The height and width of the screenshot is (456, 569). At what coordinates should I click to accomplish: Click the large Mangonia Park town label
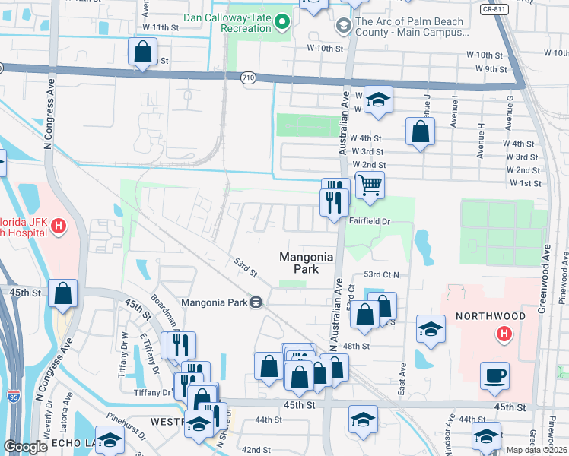(307, 263)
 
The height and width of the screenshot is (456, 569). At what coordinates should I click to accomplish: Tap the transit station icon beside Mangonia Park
(256, 302)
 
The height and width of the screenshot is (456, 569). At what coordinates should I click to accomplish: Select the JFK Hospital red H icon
(58, 226)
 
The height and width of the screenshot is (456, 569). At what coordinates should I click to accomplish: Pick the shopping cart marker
(369, 184)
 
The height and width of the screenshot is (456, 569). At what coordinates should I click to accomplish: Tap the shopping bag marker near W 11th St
(142, 52)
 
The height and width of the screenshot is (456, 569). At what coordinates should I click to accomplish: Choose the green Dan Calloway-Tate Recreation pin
(283, 23)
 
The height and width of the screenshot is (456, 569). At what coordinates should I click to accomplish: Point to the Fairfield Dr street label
(370, 221)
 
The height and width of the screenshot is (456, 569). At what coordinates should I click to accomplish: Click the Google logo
(25, 447)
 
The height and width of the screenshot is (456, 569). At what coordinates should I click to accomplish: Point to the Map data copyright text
(537, 450)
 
